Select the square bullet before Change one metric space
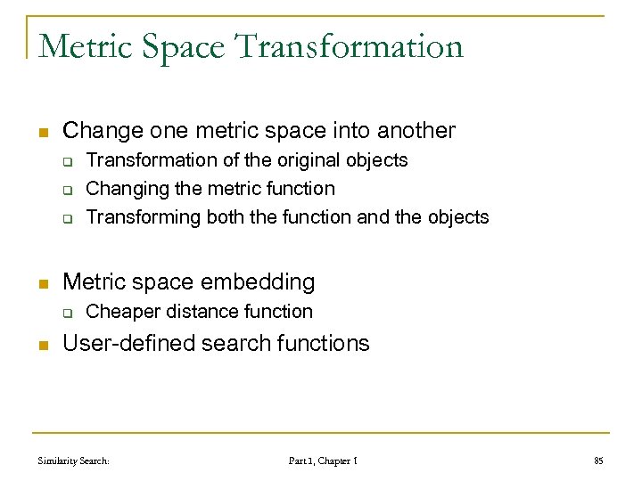(x=41, y=132)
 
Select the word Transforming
(x=144, y=217)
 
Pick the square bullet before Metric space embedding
(x=41, y=283)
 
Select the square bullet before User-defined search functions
(x=41, y=344)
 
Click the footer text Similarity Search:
(x=74, y=461)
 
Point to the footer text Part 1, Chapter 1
(x=324, y=461)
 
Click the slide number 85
(x=598, y=461)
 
